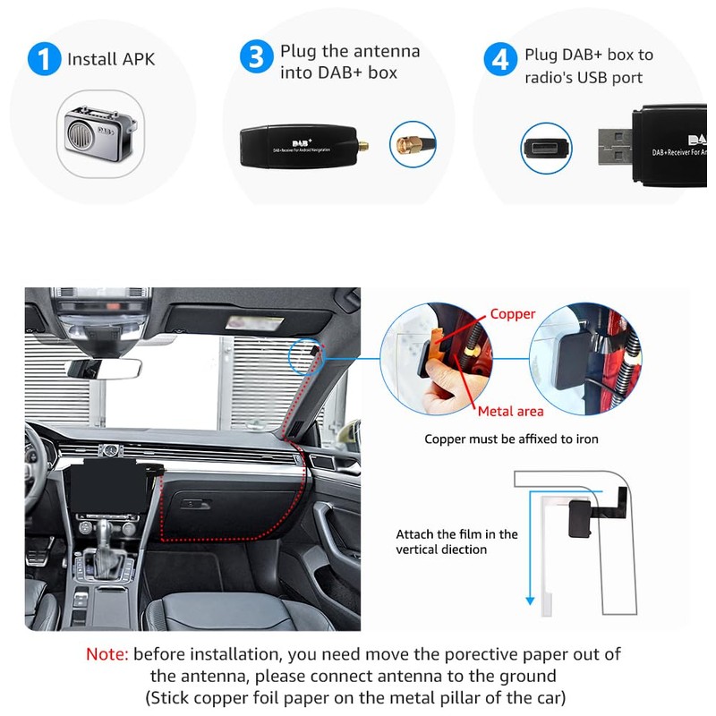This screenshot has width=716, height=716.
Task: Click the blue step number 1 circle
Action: (x=44, y=60)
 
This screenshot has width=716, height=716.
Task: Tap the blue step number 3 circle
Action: (x=257, y=59)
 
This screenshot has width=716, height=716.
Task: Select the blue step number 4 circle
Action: (x=499, y=60)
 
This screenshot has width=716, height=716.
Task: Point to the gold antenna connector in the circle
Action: (x=413, y=144)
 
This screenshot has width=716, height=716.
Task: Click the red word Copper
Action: (x=513, y=314)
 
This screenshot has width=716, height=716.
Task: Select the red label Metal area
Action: (x=510, y=411)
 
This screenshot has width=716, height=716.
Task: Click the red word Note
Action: (x=107, y=654)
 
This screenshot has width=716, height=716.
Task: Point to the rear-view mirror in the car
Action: (x=107, y=368)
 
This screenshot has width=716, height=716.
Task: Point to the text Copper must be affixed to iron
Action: (x=511, y=439)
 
